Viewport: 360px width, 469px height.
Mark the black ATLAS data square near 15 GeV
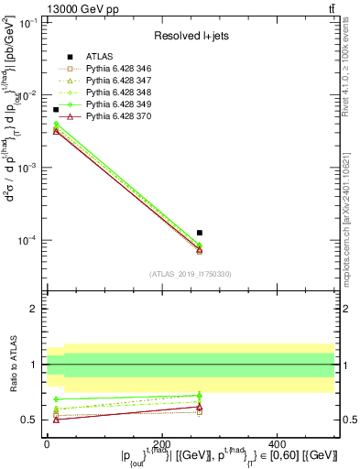point(56,110)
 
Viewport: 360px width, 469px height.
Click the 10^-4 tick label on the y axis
point(27,240)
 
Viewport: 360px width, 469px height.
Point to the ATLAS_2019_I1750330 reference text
point(191,274)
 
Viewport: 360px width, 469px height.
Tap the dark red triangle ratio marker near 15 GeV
point(56,420)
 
